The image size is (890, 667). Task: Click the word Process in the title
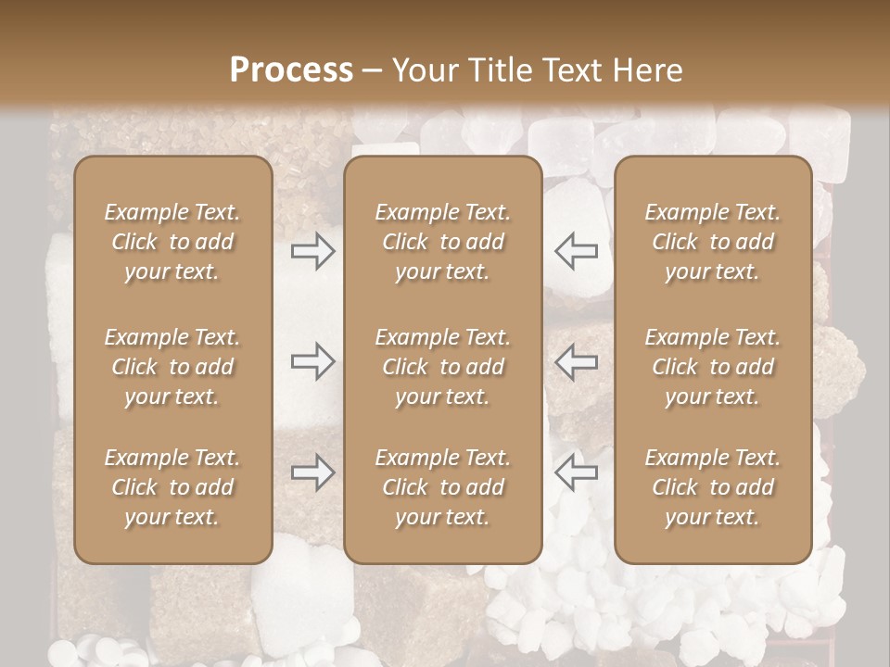(x=291, y=70)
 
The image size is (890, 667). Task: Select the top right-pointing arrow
(x=313, y=250)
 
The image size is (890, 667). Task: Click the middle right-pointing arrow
(x=313, y=361)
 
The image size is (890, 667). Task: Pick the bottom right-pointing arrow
(x=313, y=472)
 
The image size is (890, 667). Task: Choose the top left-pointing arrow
(x=576, y=250)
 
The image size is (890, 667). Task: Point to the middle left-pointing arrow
(x=576, y=361)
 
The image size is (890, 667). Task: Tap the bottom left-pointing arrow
(x=576, y=472)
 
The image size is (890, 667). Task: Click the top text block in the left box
(x=172, y=242)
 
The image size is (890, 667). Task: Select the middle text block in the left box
(x=172, y=367)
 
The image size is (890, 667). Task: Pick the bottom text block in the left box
(x=172, y=487)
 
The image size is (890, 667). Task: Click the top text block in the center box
(x=442, y=242)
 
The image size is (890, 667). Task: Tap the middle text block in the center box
(x=442, y=367)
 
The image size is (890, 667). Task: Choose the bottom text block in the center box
(x=442, y=487)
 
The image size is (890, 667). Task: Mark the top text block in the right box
(x=713, y=242)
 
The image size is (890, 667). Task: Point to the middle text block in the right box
(x=713, y=367)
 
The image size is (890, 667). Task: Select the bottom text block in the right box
(x=713, y=487)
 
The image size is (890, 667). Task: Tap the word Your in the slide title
(x=422, y=70)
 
